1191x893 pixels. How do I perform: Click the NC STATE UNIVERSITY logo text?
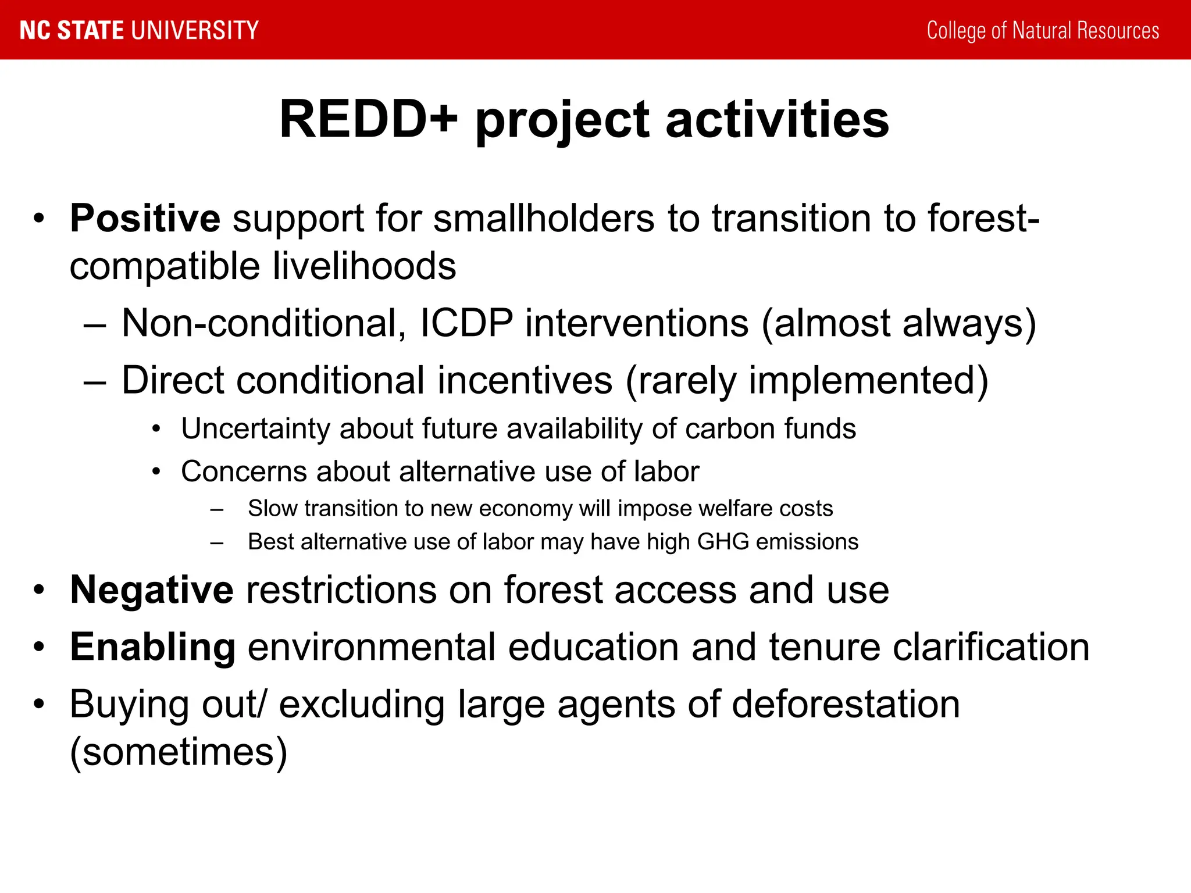pos(139,30)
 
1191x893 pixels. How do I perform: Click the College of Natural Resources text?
pos(1043,30)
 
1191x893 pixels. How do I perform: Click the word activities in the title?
pos(777,120)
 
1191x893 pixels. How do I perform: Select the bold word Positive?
pos(145,219)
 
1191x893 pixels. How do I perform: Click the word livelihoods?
pos(365,266)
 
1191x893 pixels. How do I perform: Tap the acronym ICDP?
pos(466,323)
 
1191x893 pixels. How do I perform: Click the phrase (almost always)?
pos(898,323)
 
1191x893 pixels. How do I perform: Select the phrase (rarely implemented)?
pos(807,381)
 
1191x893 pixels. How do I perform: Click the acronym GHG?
pos(723,542)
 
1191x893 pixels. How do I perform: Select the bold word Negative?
pos(152,590)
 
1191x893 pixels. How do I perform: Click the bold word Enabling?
pos(153,647)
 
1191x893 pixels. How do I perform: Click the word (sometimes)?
pos(179,752)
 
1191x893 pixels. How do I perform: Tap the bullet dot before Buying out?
pos(39,705)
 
